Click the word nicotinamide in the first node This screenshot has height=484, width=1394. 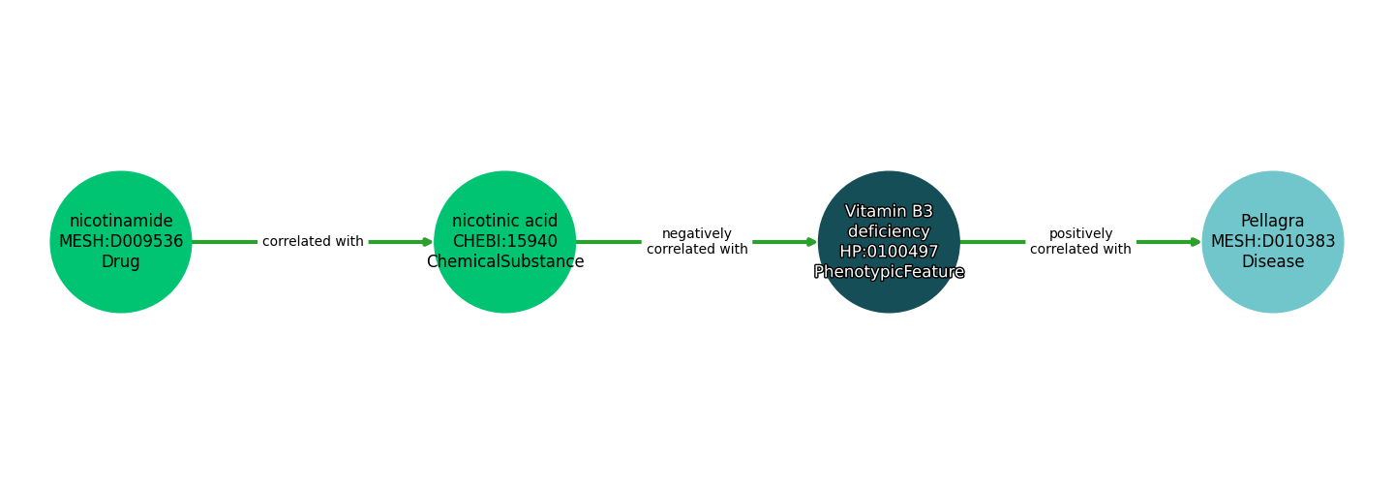click(121, 222)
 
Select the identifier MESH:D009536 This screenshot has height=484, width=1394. click(121, 242)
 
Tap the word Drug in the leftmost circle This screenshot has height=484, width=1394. click(121, 262)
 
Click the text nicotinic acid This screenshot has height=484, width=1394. click(504, 222)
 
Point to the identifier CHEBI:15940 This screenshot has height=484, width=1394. click(504, 242)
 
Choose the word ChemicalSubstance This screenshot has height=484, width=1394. click(504, 262)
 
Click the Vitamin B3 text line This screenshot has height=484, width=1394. click(889, 212)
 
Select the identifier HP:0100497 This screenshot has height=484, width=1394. click(889, 253)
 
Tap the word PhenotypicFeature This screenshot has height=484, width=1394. click(889, 273)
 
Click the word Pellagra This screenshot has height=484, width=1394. click(1272, 222)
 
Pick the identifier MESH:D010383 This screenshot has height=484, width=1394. click(1272, 242)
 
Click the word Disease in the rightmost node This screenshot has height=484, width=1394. click(1272, 262)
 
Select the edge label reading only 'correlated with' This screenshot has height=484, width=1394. click(313, 242)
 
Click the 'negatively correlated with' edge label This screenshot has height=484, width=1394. click(697, 242)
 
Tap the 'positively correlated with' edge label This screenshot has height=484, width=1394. click(1080, 242)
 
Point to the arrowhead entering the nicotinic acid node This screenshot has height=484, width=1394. click(427, 242)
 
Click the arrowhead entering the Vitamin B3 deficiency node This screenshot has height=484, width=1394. click(811, 242)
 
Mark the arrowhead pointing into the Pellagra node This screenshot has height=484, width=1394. click(1196, 242)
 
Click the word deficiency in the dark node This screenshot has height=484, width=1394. click(889, 232)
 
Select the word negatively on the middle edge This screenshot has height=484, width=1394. click(697, 234)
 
